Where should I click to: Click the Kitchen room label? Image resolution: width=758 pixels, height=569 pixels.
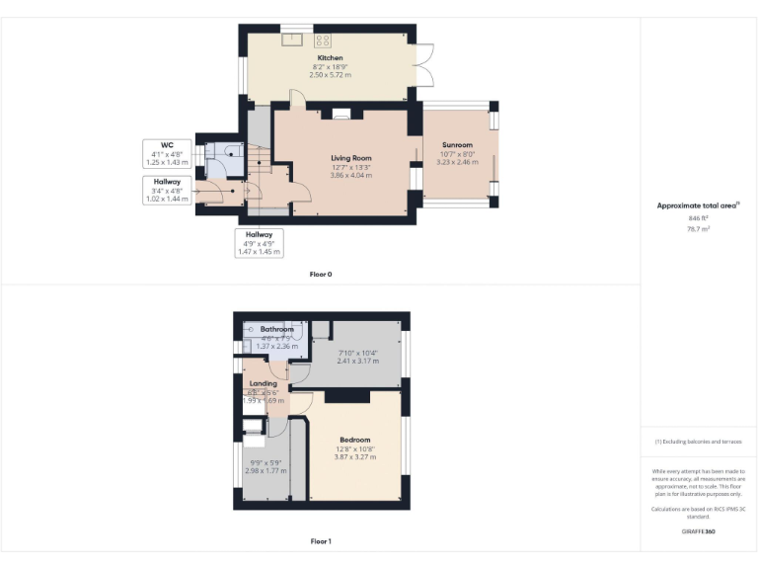330,58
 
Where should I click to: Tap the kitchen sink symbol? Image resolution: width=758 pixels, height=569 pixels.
292,41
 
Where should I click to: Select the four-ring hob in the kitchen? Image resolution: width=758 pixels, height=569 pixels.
322,41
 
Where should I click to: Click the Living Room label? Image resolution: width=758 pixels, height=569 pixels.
350,158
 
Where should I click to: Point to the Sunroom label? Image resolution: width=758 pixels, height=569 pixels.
457,144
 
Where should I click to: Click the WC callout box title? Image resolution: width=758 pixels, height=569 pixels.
153,145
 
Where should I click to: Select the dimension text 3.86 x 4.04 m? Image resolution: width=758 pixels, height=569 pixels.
350,175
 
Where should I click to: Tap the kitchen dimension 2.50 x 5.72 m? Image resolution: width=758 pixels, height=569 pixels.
330,74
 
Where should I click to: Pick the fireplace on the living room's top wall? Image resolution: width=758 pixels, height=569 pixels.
341,115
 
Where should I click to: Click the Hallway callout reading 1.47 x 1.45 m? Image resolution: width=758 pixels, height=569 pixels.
259,251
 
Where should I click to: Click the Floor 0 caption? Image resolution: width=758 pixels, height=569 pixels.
321,274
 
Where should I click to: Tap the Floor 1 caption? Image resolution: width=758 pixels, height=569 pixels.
321,541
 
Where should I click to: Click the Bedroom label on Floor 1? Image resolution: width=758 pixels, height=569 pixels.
355,440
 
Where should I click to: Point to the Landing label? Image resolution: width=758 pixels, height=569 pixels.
264,383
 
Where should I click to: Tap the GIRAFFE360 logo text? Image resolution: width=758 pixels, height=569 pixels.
698,531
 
